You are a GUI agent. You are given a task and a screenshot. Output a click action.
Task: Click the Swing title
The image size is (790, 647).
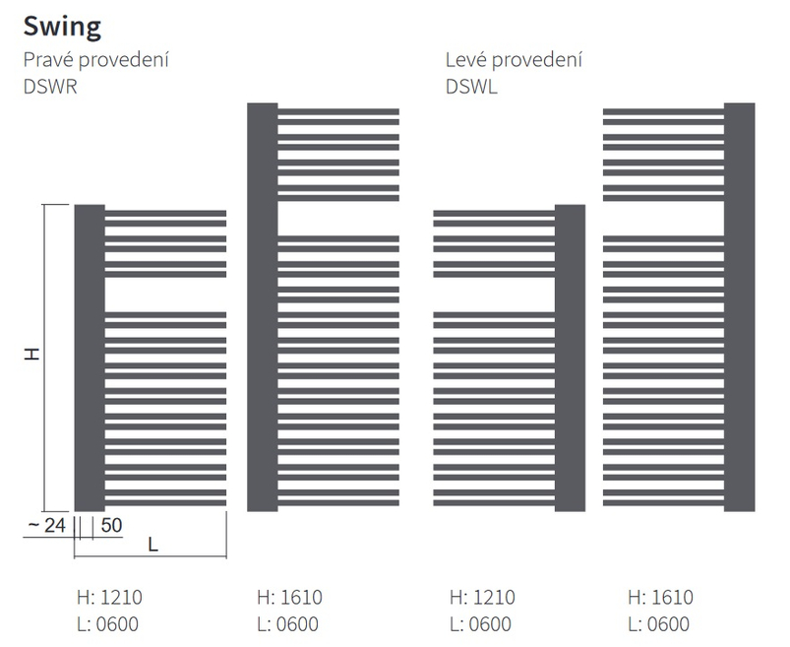coord(62,26)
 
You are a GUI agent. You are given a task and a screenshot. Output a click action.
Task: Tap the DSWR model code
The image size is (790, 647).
coord(50,86)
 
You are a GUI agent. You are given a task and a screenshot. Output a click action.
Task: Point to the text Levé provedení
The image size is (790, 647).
coord(514,61)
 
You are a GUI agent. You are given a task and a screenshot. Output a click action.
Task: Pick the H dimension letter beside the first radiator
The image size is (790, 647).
coord(32,354)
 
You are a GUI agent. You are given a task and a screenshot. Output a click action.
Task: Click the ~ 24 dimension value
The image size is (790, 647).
coord(45,526)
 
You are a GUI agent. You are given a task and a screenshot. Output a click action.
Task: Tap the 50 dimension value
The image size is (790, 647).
coord(110,526)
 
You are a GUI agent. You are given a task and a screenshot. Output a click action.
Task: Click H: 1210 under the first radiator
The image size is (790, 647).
coord(110,597)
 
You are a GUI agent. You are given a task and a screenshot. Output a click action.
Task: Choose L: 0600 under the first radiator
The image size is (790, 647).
coord(110,623)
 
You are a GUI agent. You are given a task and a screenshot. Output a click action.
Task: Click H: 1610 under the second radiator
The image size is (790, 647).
coord(288,597)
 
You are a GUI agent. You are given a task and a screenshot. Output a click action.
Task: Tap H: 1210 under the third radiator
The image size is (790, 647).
coord(482,597)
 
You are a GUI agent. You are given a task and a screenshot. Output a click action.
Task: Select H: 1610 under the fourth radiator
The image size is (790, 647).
coord(660,597)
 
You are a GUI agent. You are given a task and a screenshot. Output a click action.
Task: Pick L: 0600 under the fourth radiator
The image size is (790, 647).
coord(660,623)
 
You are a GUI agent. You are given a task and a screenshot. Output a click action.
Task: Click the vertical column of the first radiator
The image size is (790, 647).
coord(90,355)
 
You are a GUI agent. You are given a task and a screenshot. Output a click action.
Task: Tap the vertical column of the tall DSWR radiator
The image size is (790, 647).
coord(263,306)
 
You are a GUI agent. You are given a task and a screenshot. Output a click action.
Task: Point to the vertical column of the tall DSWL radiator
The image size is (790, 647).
coord(739,306)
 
